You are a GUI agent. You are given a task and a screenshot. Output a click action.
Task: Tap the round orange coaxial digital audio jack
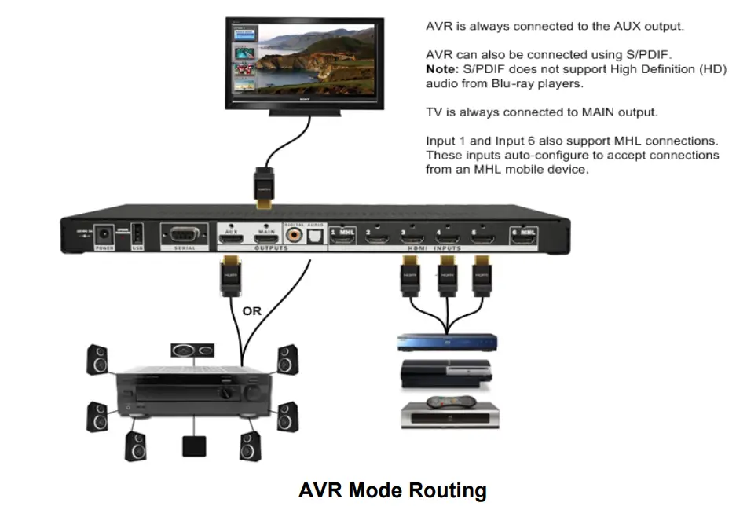(295, 234)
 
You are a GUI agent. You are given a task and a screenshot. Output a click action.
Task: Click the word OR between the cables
(252, 311)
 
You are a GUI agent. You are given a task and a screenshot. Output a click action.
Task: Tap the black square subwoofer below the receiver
(194, 445)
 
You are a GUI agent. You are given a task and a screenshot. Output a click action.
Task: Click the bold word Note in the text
(441, 69)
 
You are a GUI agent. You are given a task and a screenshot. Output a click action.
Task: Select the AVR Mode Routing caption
(392, 491)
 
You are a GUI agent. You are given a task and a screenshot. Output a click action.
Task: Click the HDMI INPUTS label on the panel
(434, 248)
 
